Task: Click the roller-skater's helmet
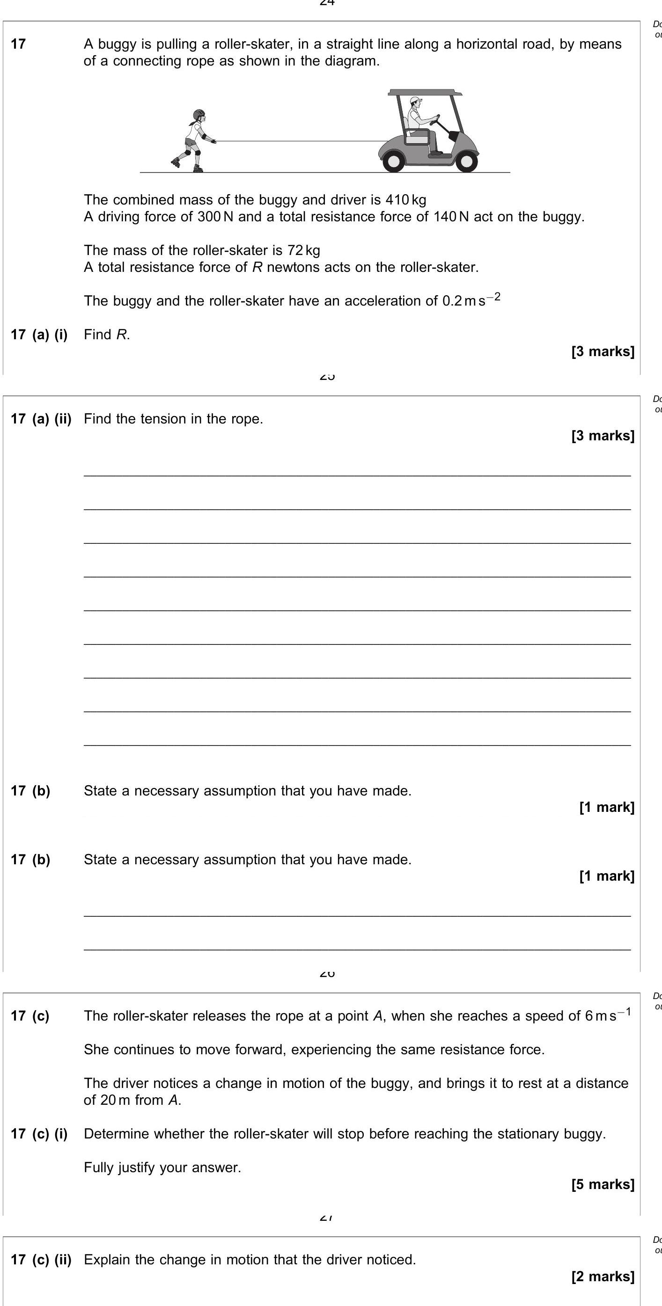(199, 114)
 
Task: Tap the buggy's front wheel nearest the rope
(393, 161)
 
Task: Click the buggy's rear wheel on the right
(466, 161)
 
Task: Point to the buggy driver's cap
(416, 101)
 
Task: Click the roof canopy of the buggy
(425, 93)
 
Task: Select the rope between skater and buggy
(299, 141)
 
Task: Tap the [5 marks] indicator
(602, 1184)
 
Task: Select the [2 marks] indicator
(602, 1277)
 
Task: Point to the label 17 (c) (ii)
(41, 1259)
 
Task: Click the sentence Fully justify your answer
(162, 1167)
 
